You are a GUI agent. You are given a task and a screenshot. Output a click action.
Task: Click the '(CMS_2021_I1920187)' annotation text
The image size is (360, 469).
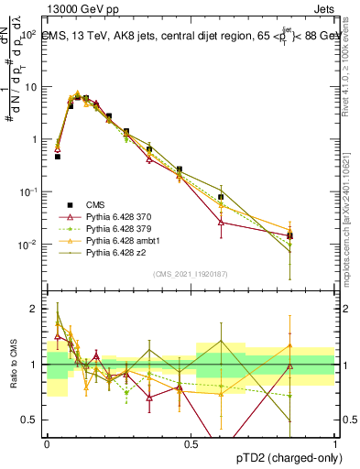click(x=190, y=273)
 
